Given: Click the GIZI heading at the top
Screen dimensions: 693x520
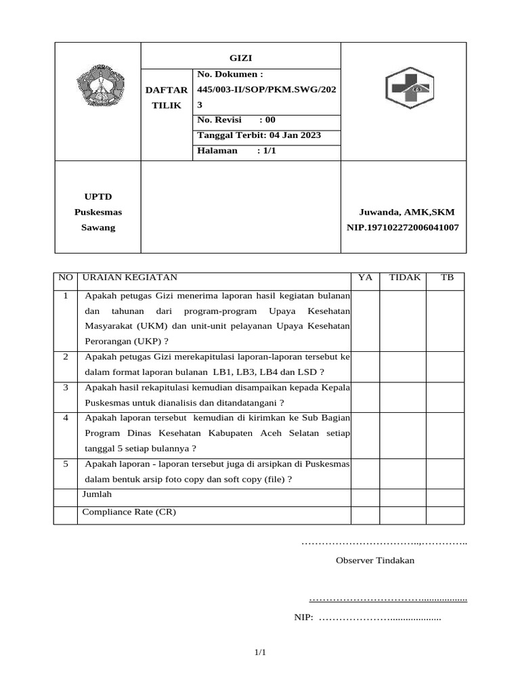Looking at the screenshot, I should [241, 58].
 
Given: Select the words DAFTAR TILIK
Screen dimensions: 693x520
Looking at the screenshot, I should [167, 97].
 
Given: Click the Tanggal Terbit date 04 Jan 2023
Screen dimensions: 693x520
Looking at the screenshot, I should [259, 135].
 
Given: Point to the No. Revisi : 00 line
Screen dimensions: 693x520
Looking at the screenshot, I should [236, 120].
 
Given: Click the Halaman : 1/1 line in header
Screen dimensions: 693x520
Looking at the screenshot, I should [236, 150].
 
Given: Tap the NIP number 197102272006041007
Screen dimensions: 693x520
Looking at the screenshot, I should [402, 227].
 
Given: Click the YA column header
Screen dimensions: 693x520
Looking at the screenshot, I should [365, 277].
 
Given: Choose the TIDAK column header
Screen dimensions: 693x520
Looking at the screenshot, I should [405, 277].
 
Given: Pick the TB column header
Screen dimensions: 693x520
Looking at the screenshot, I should [448, 277].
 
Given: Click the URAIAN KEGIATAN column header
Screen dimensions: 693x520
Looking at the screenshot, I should [130, 277].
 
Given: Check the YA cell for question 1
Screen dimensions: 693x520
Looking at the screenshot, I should [365, 320].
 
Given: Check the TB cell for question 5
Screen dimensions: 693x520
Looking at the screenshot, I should [445, 472].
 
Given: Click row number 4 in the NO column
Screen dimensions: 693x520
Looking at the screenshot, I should [66, 418].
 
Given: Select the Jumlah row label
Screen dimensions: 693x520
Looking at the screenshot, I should [97, 495].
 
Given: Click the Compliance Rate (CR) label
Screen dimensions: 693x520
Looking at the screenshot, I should [129, 512].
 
